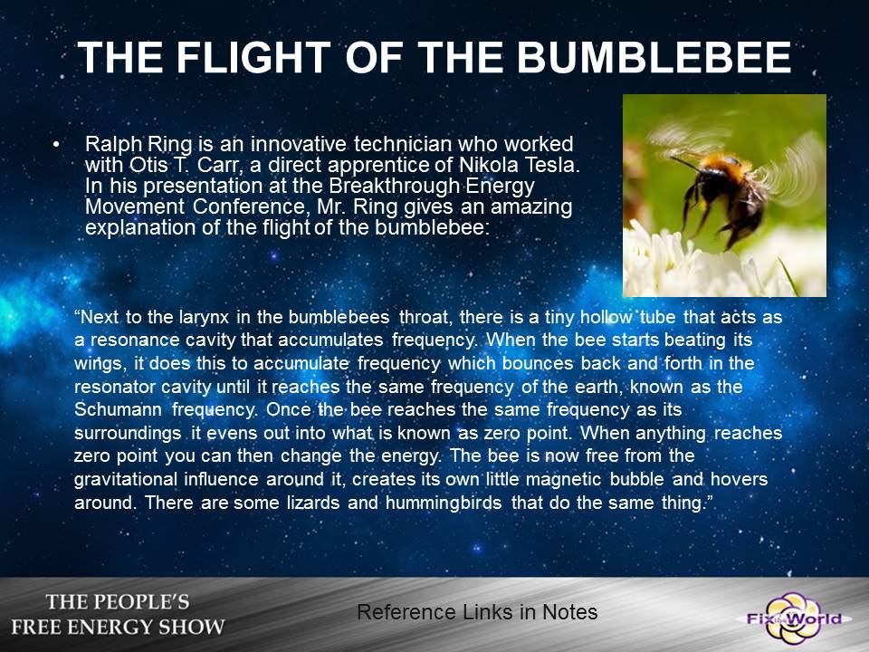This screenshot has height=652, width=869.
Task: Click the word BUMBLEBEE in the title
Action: [x=654, y=57]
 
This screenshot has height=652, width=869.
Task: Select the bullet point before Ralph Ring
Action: [x=55, y=144]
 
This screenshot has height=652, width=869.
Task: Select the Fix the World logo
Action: [x=794, y=618]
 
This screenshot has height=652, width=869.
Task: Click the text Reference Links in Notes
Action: [x=477, y=612]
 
